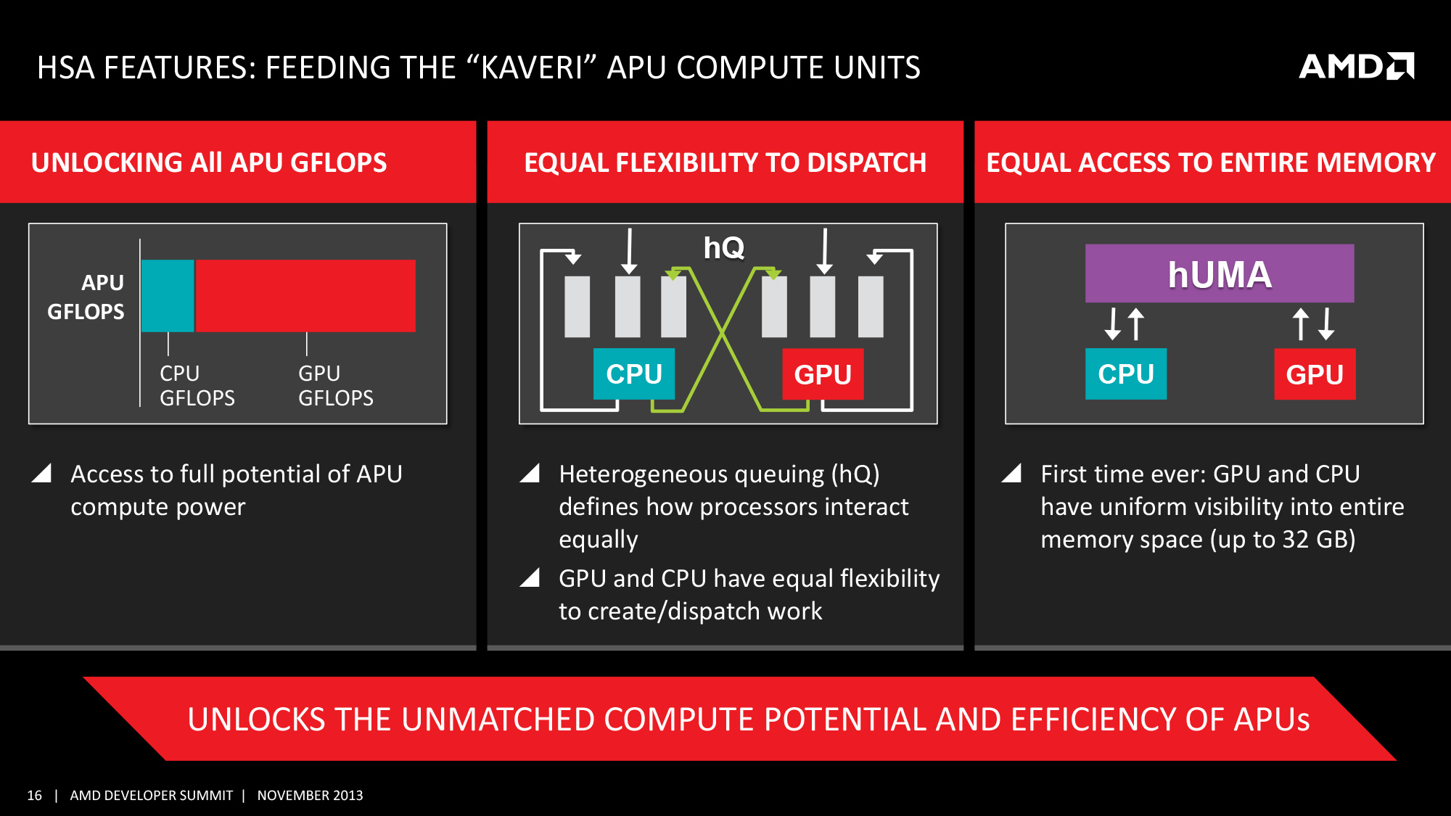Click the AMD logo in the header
(1355, 67)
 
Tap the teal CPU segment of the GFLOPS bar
(168, 295)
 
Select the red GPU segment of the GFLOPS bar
(305, 295)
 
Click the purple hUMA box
(1219, 273)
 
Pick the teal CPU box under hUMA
(1125, 374)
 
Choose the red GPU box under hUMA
(1314, 374)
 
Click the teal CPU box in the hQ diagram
(633, 374)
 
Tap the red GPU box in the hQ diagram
(822, 374)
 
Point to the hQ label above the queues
(723, 248)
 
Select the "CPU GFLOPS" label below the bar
(197, 385)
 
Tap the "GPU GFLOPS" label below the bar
(335, 385)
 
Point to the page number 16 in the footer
(34, 796)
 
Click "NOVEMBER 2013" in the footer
(310, 796)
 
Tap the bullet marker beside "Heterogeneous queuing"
(530, 474)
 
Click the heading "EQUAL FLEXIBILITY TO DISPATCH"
(725, 162)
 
